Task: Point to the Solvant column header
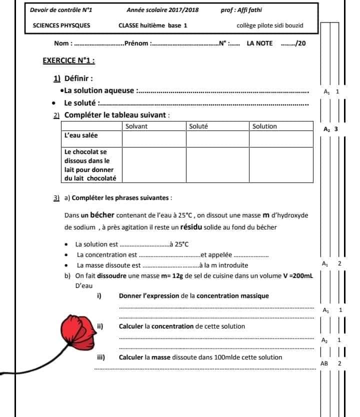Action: click(x=136, y=126)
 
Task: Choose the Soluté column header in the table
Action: click(x=198, y=126)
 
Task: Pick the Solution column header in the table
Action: click(x=264, y=126)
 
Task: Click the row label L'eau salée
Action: click(x=81, y=135)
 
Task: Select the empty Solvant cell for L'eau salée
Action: click(x=153, y=139)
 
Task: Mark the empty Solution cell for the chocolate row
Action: click(x=280, y=164)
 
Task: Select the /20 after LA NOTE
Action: click(x=299, y=43)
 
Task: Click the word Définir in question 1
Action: click(x=79, y=78)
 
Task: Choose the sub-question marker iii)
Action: click(x=100, y=357)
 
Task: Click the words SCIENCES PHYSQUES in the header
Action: click(x=61, y=25)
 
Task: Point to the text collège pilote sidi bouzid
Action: click(x=270, y=25)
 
